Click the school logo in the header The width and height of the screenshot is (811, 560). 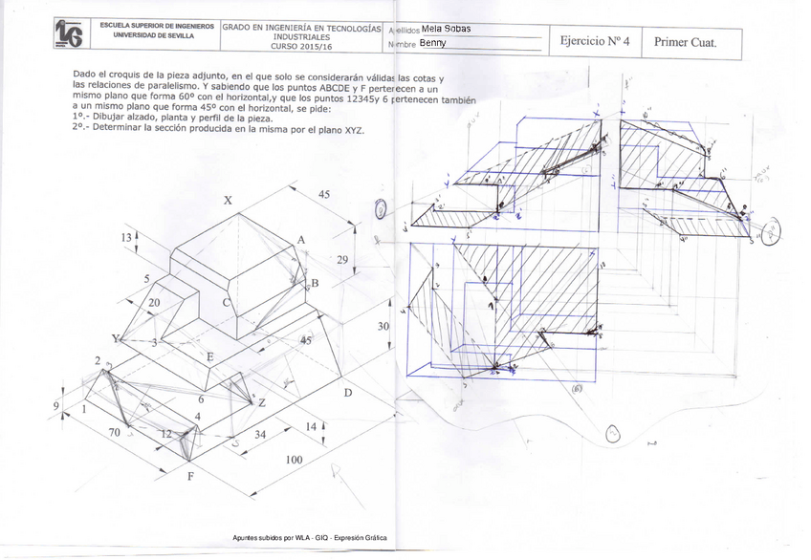(x=68, y=33)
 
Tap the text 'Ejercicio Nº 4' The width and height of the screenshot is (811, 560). (x=595, y=41)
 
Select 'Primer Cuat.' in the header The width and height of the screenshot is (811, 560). (x=685, y=42)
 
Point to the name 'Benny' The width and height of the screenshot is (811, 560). (x=432, y=43)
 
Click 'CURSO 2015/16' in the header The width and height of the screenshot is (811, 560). (x=301, y=46)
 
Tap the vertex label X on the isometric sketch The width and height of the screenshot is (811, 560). (x=228, y=201)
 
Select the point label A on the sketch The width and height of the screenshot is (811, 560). (x=300, y=240)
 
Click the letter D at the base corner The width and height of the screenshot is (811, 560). (x=348, y=393)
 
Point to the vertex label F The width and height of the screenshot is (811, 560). (x=189, y=477)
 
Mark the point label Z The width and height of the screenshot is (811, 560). (x=261, y=402)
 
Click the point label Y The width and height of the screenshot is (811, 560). (x=117, y=339)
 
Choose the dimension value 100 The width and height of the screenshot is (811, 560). (x=296, y=460)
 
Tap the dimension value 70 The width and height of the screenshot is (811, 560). (x=115, y=433)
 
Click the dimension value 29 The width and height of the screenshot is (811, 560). (x=343, y=260)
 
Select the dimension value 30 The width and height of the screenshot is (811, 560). (x=384, y=326)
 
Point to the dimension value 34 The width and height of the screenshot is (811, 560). (x=259, y=435)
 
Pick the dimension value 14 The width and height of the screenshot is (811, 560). (x=311, y=426)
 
